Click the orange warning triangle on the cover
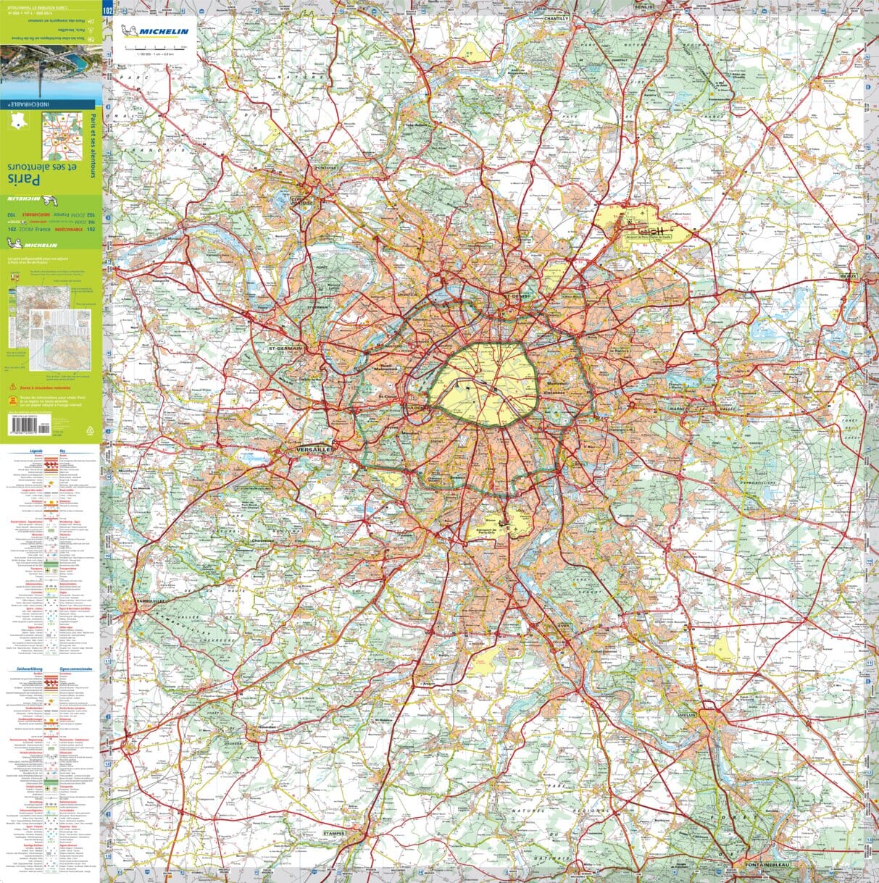tap(12, 388)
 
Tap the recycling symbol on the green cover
tap(90, 430)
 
